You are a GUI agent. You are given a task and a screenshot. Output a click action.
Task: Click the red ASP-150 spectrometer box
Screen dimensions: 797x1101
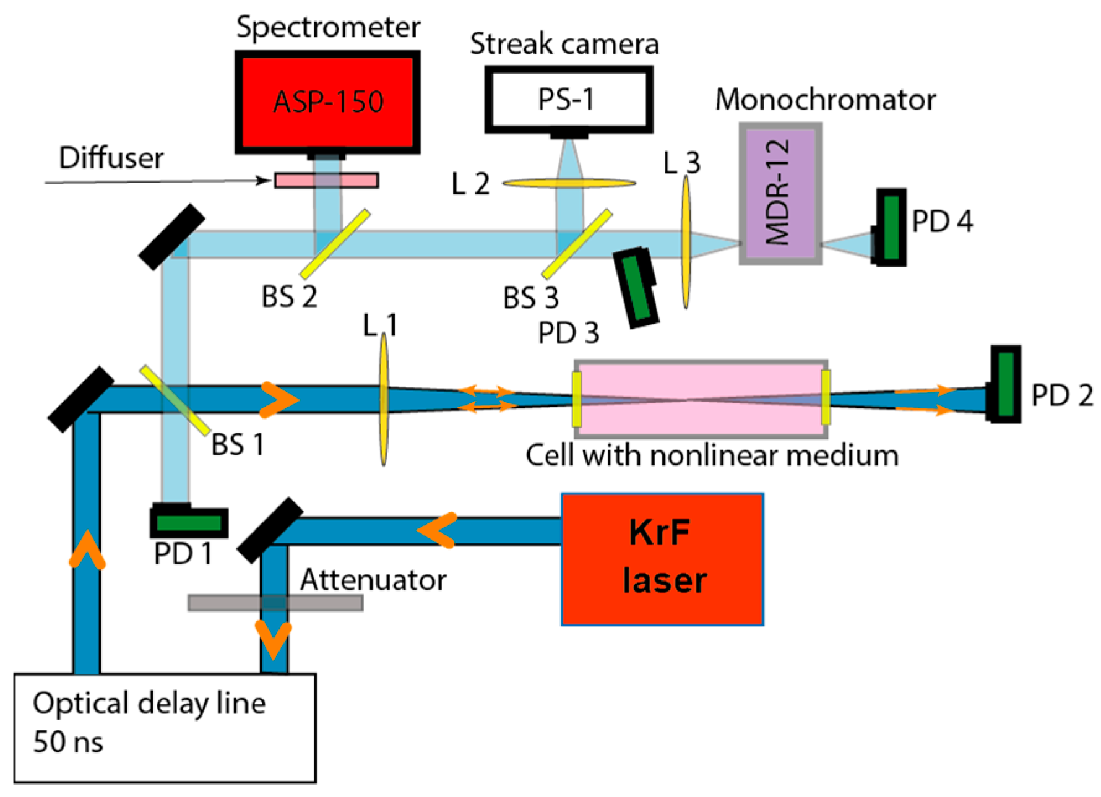click(327, 102)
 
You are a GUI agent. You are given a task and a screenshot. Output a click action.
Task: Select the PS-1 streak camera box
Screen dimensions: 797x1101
click(568, 100)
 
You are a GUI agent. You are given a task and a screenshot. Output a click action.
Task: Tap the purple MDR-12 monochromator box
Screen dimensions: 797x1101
click(780, 193)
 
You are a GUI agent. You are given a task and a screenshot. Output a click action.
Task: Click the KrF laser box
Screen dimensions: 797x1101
click(662, 559)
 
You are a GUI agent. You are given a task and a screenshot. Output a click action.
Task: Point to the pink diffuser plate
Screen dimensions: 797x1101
click(326, 180)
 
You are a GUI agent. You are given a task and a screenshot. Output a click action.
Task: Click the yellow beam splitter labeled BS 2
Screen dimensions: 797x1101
click(335, 243)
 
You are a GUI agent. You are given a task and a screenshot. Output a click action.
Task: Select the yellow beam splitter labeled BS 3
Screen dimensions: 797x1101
click(577, 244)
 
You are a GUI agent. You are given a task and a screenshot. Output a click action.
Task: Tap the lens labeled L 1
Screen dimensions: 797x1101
click(384, 399)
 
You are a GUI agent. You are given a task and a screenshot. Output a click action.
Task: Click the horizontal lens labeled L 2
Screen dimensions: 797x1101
click(569, 183)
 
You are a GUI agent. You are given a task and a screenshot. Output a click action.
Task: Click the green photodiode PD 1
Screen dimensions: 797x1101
click(189, 523)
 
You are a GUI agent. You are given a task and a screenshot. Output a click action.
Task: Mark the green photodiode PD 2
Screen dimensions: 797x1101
click(1006, 384)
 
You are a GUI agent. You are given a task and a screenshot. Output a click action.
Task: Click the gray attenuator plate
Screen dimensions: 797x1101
click(275, 603)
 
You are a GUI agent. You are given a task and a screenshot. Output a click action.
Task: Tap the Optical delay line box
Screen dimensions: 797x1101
click(165, 728)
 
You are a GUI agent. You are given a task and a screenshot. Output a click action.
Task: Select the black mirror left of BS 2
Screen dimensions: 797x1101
click(171, 236)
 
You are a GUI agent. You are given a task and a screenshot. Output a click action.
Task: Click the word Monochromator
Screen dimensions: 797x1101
click(825, 100)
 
